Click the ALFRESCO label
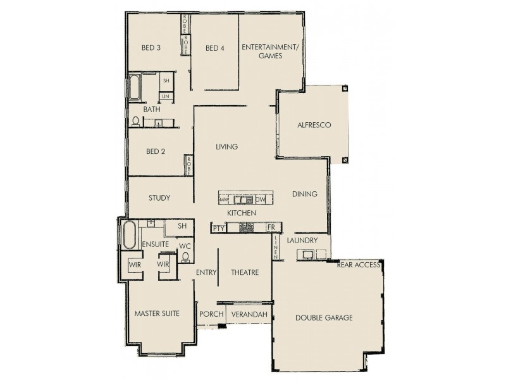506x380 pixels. (314, 125)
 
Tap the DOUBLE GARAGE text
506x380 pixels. (324, 317)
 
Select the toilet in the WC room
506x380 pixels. (185, 257)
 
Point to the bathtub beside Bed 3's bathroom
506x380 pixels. (134, 87)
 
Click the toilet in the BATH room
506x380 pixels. (135, 121)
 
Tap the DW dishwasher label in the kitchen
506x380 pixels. (260, 199)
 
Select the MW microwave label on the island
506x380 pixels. (223, 200)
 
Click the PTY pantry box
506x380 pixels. (218, 228)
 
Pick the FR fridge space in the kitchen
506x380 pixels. (271, 227)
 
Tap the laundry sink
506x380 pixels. (307, 255)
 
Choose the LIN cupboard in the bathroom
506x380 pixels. (166, 96)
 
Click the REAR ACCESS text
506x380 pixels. (358, 264)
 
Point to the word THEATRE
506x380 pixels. (245, 273)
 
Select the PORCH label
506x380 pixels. (211, 314)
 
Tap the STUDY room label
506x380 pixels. (159, 198)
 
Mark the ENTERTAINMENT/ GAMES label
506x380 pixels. (270, 51)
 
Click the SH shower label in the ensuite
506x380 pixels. (182, 225)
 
